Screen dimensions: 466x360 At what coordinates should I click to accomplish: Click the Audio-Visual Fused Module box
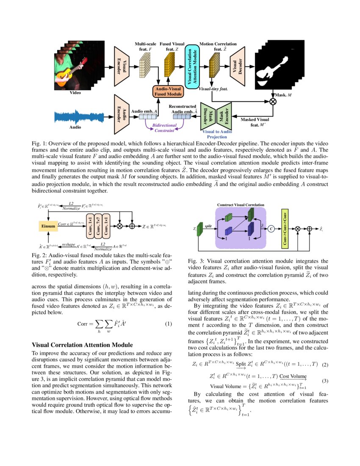[x=168, y=91]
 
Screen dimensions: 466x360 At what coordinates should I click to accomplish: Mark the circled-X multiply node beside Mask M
[x=273, y=102]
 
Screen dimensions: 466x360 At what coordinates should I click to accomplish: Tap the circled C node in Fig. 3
[x=271, y=229]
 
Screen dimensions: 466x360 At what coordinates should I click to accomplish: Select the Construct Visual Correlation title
[x=241, y=205]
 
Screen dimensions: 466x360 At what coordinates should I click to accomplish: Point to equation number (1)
[x=168, y=324]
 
